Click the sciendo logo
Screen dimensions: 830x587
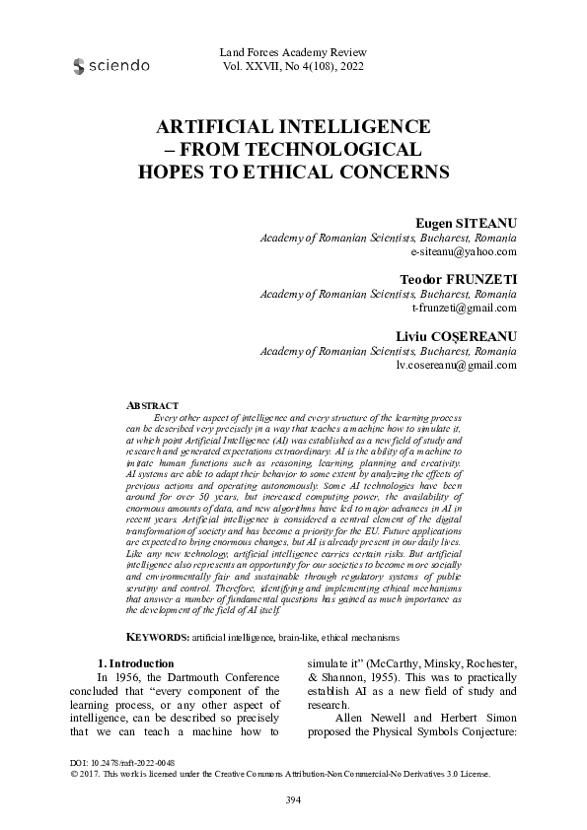pos(111,66)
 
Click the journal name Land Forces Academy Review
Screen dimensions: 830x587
pos(295,51)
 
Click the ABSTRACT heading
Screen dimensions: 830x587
pos(153,405)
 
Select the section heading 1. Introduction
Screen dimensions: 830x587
pos(137,663)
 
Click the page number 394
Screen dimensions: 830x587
pos(293,799)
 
